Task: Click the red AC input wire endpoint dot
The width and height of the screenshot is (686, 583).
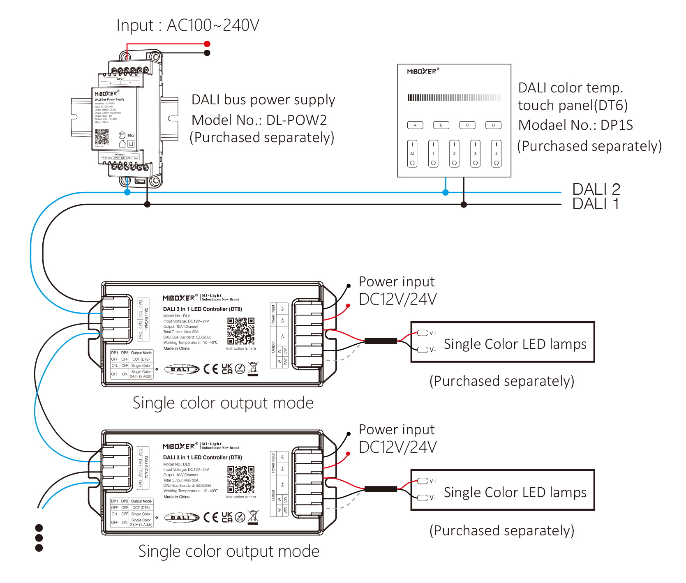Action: [x=207, y=44]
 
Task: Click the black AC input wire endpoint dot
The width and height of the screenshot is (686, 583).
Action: [x=207, y=53]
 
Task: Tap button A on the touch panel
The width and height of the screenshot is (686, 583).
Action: [x=415, y=125]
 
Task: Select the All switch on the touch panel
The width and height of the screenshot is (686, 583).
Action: [x=412, y=154]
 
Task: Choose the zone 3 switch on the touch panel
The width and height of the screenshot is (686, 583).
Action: [x=475, y=154]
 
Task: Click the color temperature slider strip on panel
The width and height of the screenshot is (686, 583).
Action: [x=454, y=97]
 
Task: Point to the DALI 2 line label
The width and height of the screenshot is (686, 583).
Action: [x=596, y=189]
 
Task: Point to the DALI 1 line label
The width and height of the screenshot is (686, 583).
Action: [x=596, y=204]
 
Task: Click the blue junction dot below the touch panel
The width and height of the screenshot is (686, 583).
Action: [x=446, y=192]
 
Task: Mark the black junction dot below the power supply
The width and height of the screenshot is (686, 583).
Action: [x=147, y=204]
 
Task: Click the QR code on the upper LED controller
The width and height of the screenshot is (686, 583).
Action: [x=241, y=331]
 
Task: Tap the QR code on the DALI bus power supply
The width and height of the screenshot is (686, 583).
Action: [x=102, y=136]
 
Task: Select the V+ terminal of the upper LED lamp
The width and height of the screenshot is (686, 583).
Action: [x=423, y=333]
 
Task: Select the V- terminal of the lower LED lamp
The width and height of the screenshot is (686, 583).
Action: [x=423, y=498]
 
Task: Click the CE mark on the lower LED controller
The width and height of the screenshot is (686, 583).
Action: [x=211, y=517]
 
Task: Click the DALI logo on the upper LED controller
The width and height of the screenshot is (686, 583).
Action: [x=182, y=369]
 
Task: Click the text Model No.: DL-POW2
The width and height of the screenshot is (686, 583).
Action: [x=259, y=120]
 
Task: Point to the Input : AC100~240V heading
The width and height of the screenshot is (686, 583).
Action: [x=188, y=25]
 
